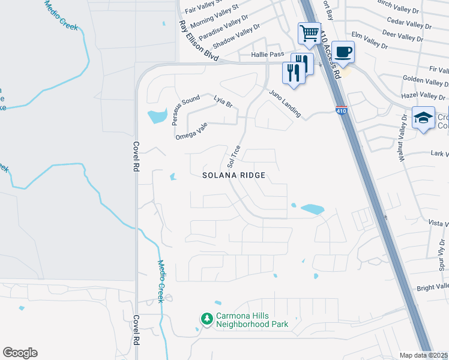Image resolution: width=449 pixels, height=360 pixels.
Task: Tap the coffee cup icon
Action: tap(344, 52)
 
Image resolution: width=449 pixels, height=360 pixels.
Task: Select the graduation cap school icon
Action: tap(423, 117)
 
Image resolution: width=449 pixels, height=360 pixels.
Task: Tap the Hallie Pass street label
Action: tap(268, 54)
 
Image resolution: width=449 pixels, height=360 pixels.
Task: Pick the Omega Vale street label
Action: tap(191, 131)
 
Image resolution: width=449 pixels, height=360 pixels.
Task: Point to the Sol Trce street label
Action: tap(234, 156)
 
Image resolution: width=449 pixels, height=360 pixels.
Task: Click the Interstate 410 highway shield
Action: tap(341, 110)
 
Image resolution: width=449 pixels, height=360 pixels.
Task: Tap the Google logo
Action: tap(20, 353)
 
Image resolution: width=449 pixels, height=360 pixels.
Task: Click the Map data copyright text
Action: tap(424, 355)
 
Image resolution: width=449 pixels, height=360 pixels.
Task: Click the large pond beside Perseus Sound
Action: tap(157, 116)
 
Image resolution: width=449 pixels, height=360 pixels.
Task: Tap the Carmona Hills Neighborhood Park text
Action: tap(252, 320)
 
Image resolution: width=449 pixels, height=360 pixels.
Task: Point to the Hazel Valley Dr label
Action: tap(423, 95)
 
